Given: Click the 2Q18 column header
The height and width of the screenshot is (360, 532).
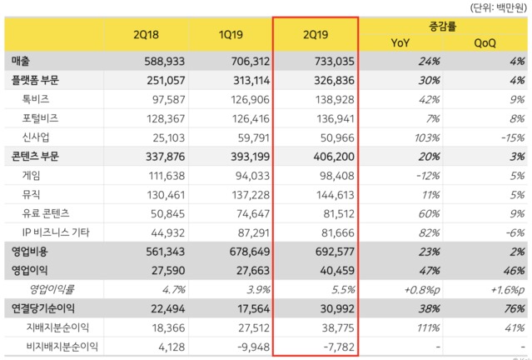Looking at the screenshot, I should pos(147,34).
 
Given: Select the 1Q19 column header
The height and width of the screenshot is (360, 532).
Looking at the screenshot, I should pos(231,34).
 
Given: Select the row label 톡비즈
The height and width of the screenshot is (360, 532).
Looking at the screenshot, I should pos(37,99).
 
